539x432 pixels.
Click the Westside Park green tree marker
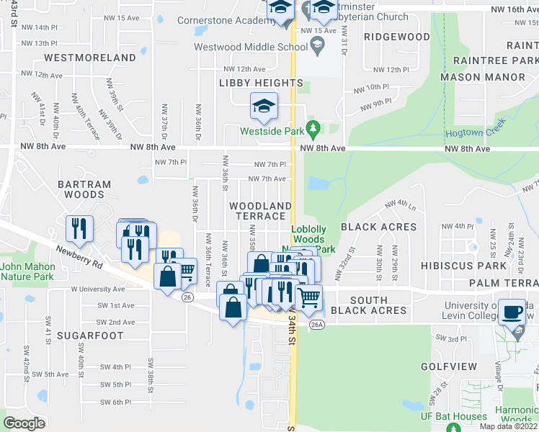tap(313, 130)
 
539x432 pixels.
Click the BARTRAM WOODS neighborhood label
tap(84, 189)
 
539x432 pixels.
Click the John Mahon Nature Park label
tap(27, 271)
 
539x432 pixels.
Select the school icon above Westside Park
tap(264, 106)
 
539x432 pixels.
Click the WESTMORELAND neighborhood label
tap(90, 58)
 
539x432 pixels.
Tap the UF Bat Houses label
tap(453, 416)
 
